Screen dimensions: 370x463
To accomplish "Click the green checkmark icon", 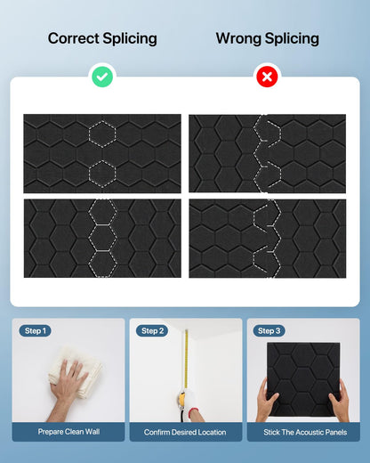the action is click(x=102, y=77).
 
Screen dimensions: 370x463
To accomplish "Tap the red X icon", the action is click(x=267, y=77).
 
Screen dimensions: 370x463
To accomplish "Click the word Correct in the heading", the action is click(x=74, y=38).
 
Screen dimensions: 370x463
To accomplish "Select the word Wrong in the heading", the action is click(x=238, y=38).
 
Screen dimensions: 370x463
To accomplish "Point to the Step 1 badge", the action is click(x=36, y=330).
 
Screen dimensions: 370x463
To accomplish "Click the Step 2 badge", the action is click(x=152, y=330).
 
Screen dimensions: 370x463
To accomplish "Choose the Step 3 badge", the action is click(x=269, y=330).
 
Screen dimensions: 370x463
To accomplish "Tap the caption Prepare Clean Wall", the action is click(x=68, y=432).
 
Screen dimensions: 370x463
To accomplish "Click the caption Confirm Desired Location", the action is click(x=185, y=432).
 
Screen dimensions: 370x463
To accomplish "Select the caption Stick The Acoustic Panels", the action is click(x=305, y=432).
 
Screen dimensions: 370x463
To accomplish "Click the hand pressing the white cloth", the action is click(x=68, y=386).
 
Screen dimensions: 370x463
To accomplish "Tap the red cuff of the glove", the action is click(x=193, y=413).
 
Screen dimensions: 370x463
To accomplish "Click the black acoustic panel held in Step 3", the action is click(x=303, y=379).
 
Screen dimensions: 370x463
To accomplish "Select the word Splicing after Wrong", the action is click(x=292, y=39).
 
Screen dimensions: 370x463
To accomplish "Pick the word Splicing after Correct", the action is click(x=130, y=39).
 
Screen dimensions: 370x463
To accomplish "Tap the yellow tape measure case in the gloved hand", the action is click(x=181, y=398).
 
